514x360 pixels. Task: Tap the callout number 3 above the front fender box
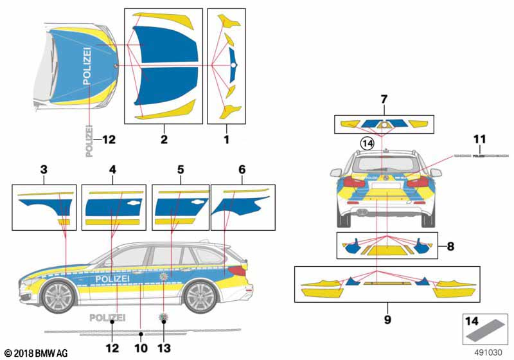(x=44, y=170)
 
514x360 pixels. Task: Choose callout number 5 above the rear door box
(x=181, y=170)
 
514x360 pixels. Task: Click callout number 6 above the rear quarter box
(x=242, y=170)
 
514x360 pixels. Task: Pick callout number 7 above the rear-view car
(x=384, y=100)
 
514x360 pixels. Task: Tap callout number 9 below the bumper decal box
(x=388, y=318)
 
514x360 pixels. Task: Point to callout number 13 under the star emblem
(x=164, y=348)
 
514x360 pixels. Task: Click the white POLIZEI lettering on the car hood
(x=87, y=66)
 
